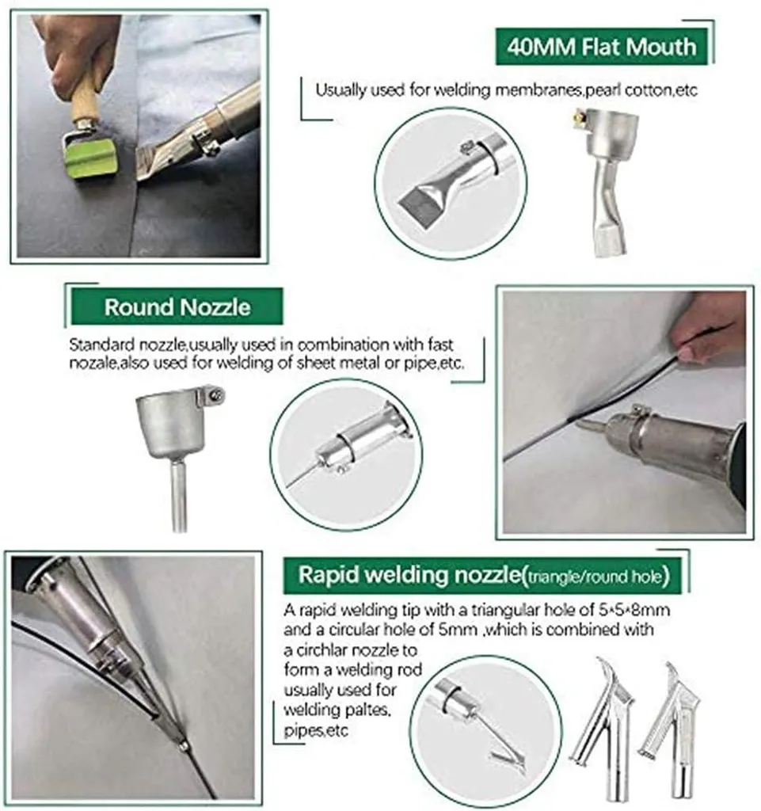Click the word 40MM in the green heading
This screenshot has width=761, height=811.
coord(541,47)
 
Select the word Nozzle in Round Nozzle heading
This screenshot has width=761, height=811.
coord(215,307)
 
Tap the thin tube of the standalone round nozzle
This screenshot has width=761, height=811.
coord(179,495)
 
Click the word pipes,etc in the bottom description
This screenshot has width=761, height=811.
coord(316,731)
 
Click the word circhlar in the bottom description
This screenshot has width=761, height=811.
coord(321,650)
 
